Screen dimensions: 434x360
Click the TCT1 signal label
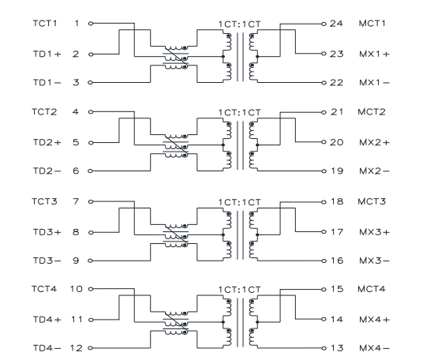(x=45, y=23)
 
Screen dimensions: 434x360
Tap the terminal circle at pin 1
(x=91, y=24)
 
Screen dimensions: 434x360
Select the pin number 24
(x=336, y=24)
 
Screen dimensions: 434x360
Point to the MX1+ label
(x=374, y=54)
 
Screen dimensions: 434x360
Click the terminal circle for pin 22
(x=324, y=83)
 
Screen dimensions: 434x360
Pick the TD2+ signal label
(x=47, y=142)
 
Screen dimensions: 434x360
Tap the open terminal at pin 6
(x=90, y=171)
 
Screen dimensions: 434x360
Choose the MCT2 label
(x=372, y=112)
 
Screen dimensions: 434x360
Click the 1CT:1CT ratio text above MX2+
(x=239, y=113)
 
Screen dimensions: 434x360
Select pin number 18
(x=337, y=201)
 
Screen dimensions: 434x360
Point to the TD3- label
(x=47, y=261)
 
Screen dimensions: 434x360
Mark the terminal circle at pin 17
(x=324, y=232)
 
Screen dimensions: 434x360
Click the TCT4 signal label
(x=44, y=289)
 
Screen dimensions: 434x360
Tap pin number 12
(x=76, y=348)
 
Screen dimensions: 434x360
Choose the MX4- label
(x=374, y=348)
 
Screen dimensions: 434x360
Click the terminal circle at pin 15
(x=324, y=290)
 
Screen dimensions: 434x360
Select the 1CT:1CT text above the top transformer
(x=239, y=24)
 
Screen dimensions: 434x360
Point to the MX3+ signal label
(x=374, y=232)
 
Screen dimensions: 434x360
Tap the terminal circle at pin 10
(x=91, y=289)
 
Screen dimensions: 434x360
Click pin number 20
(x=337, y=142)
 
